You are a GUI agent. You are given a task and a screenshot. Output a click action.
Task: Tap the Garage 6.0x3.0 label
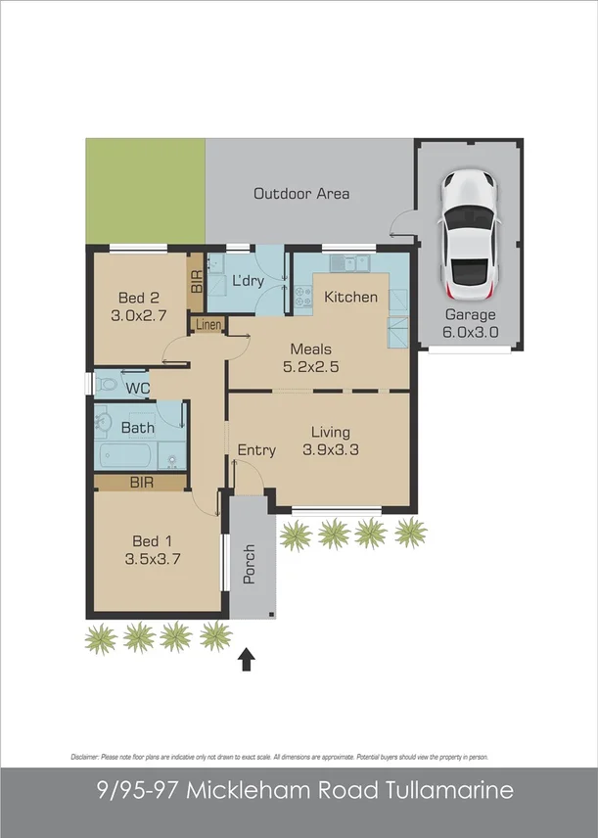click(x=471, y=323)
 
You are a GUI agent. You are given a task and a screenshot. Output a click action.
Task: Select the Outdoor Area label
click(x=301, y=194)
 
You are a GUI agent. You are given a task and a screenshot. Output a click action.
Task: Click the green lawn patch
click(x=145, y=191)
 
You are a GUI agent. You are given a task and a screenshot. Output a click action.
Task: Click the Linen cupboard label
click(x=208, y=324)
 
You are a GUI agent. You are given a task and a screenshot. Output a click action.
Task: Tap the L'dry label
click(x=249, y=281)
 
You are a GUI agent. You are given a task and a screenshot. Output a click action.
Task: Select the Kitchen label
click(x=350, y=297)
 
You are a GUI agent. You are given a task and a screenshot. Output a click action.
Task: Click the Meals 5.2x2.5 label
click(x=310, y=357)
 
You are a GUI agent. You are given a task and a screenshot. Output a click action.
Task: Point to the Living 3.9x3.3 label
click(x=330, y=441)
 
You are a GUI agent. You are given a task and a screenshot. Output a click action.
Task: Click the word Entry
click(x=256, y=450)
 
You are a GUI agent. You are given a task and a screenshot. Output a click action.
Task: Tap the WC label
click(x=138, y=388)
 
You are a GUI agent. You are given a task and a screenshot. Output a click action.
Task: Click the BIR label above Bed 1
click(x=141, y=482)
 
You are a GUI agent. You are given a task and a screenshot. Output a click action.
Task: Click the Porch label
click(x=249, y=563)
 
